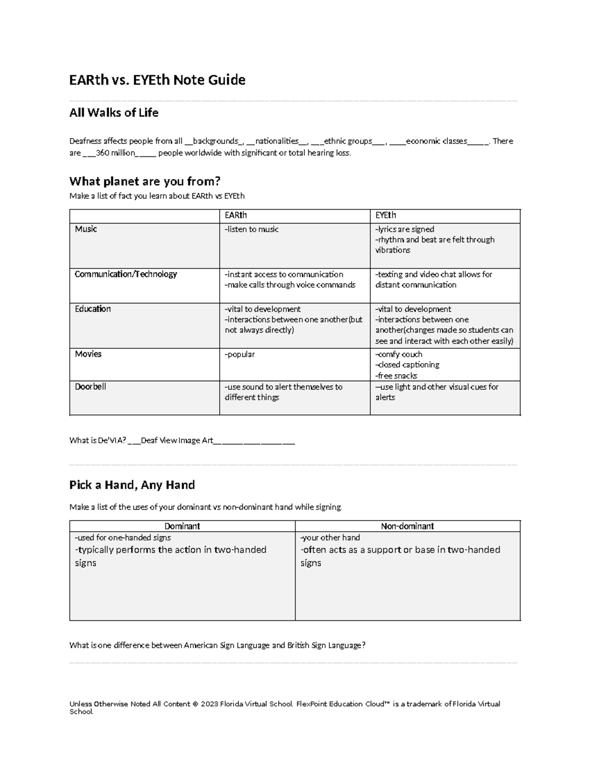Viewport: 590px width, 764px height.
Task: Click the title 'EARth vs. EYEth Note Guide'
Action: (157, 80)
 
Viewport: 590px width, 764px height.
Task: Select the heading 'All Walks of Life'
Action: (114, 113)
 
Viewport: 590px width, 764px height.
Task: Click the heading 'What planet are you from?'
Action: (145, 182)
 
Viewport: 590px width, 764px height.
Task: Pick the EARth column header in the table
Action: (236, 215)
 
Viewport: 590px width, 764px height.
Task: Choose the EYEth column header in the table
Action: (385, 215)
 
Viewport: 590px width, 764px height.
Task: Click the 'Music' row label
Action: (86, 229)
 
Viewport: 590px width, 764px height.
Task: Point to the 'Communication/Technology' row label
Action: (125, 275)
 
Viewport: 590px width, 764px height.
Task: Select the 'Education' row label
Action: (92, 309)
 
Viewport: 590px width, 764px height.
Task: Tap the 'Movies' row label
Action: (88, 354)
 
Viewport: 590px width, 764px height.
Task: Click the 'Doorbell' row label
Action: (90, 387)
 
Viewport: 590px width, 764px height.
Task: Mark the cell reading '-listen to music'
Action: (251, 229)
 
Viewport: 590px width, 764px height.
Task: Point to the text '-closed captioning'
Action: (407, 365)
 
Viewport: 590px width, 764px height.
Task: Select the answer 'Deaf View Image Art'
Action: (177, 441)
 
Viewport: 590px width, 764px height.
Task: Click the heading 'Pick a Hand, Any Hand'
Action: (132, 485)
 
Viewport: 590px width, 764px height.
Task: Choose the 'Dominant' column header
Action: (182, 526)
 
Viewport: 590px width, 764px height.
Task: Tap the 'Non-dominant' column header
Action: (407, 526)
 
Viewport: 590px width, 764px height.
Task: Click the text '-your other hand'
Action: (330, 538)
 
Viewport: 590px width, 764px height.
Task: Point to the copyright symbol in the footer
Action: (195, 704)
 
